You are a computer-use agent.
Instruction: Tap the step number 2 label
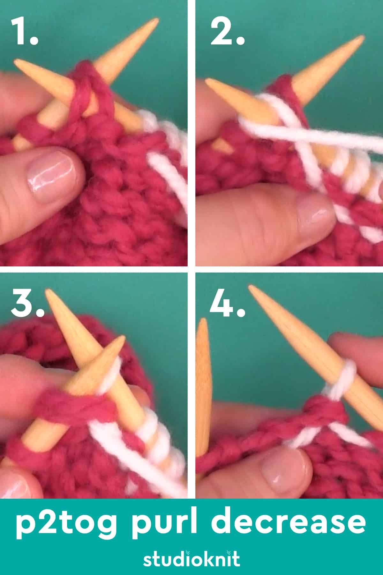tap(227, 32)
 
